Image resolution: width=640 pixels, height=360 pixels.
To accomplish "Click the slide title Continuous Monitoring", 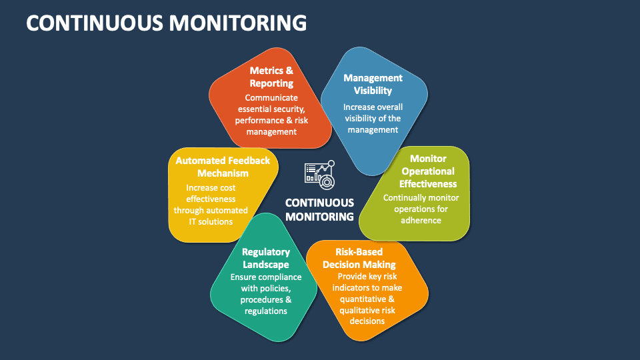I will [x=167, y=23].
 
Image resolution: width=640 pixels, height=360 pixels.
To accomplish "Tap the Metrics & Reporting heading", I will [x=271, y=77].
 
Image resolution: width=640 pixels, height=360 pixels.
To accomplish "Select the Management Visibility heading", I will [x=373, y=84].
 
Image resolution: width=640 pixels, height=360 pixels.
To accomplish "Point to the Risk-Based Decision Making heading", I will [x=359, y=258].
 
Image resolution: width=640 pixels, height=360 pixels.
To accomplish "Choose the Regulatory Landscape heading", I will [x=265, y=258].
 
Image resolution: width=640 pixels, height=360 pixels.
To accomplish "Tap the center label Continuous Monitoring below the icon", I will [x=319, y=209].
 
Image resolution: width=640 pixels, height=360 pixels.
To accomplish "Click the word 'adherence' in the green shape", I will [x=421, y=220].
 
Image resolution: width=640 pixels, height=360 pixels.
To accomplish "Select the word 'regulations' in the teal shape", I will [x=265, y=311].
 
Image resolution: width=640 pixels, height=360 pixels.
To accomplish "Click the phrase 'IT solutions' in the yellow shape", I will [x=211, y=221].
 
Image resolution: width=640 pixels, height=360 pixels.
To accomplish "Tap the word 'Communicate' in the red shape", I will [x=271, y=97].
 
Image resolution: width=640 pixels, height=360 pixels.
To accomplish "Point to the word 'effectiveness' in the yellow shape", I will [x=211, y=199].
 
